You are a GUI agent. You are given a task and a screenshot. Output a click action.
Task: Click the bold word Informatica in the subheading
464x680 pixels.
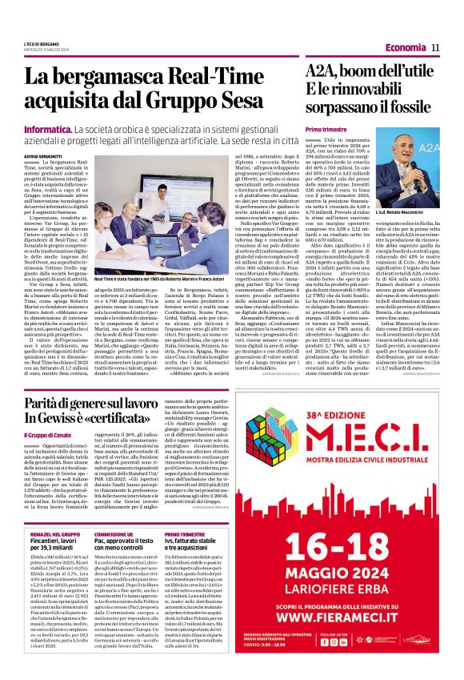point(47,128)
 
